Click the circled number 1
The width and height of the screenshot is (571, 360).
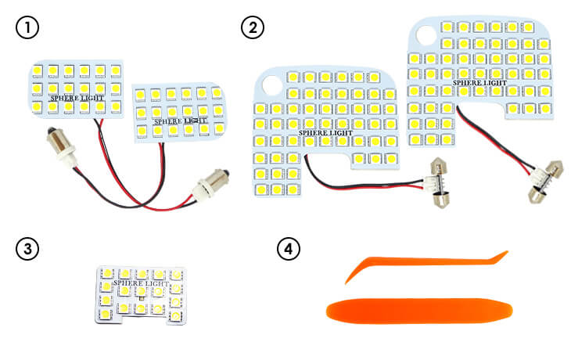(27, 28)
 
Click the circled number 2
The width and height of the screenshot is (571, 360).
(252, 28)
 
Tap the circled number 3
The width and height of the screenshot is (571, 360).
(27, 249)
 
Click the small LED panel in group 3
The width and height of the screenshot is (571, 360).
(142, 294)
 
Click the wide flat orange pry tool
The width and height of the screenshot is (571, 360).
(419, 310)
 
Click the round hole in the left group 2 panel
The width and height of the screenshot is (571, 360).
(271, 86)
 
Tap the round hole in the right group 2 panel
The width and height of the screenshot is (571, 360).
(426, 35)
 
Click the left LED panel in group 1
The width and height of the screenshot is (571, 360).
(76, 88)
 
